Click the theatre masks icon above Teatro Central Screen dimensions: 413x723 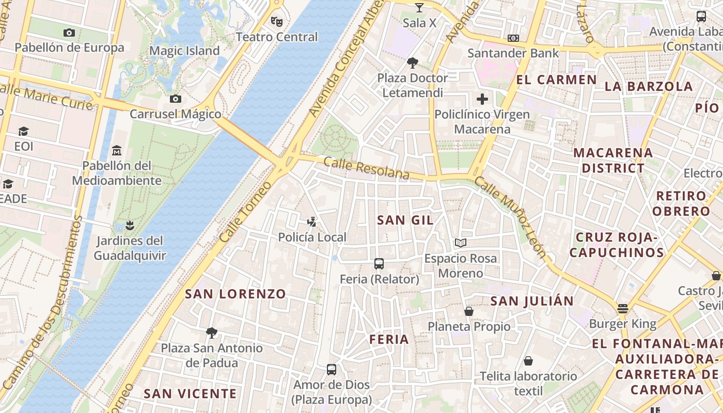coord(277,22)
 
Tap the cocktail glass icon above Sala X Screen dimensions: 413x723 coord(419,7)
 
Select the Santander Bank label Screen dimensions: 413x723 coord(513,53)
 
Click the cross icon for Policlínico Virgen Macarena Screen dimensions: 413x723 coord(482,99)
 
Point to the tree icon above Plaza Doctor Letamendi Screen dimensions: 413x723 coord(412,63)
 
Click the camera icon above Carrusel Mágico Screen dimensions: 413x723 coord(176,99)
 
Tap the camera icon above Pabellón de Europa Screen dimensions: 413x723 coord(69,33)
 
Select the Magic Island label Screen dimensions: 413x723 coord(184,51)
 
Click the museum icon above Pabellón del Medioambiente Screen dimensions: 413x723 coord(117,151)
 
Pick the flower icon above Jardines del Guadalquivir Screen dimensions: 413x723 coord(130,225)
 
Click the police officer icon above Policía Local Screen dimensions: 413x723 coord(312,223)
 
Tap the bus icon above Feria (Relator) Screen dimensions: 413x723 coord(379,264)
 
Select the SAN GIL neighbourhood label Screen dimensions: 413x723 coord(405,220)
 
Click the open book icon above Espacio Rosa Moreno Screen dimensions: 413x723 coord(461,243)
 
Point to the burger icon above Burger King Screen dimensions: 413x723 coord(623,309)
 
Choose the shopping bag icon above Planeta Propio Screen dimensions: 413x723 coord(469,311)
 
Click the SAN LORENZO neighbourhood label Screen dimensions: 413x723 coord(235,294)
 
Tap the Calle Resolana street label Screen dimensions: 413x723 coord(366,168)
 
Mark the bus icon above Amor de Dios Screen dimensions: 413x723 coord(332,370)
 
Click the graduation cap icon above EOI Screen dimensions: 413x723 coord(23,131)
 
